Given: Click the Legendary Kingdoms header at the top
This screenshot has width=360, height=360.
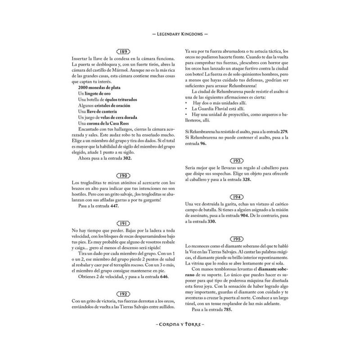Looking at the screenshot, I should point(180,34).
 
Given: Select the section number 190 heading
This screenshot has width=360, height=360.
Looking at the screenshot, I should point(123,175).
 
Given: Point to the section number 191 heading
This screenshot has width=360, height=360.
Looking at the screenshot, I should point(123,223).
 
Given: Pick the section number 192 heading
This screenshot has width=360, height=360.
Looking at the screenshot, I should point(123,293).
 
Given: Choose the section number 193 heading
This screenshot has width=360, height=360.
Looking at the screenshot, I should point(237,161).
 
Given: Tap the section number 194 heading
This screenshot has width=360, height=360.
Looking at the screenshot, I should point(237,197).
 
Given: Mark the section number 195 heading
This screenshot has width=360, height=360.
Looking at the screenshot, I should point(237,238).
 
